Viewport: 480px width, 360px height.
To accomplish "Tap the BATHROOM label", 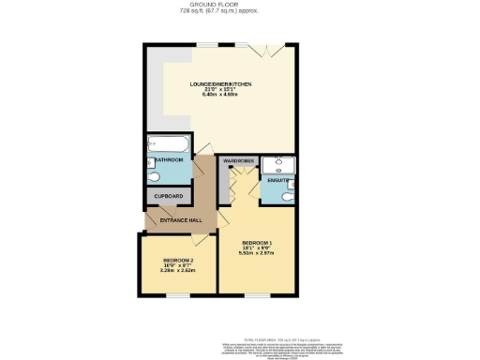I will coord(169,160).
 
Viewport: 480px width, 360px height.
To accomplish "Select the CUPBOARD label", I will coord(169,196).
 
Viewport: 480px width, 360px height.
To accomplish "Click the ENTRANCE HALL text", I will coord(181,220).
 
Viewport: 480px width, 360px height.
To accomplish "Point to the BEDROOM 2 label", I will coord(177,260).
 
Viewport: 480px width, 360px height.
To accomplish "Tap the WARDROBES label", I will coord(239,161).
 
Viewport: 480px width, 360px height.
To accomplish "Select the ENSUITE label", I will coord(277,179).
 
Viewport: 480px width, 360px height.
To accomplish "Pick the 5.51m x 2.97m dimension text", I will coord(256,253).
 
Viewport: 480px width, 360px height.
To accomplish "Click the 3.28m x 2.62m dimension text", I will coord(177,271).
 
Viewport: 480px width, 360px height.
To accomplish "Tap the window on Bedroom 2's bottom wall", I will coord(175,294).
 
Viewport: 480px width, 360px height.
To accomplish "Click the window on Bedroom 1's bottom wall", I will coord(256,294).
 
